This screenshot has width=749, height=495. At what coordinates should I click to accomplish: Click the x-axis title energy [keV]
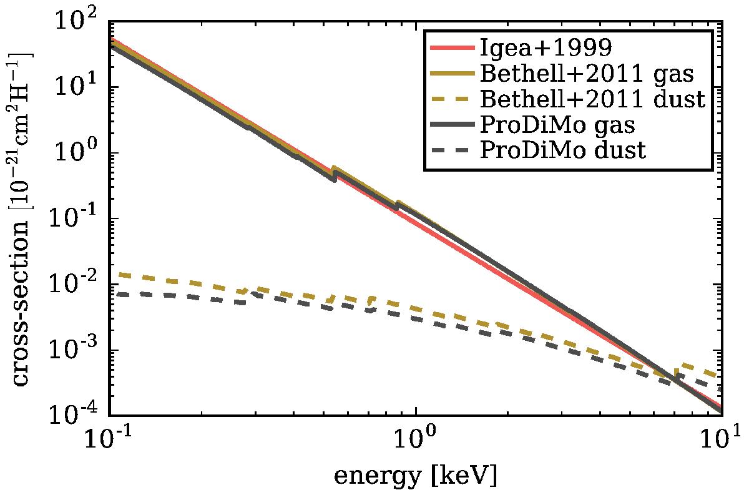(416, 477)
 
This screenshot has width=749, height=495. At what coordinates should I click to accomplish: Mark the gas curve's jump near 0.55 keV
(335, 174)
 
